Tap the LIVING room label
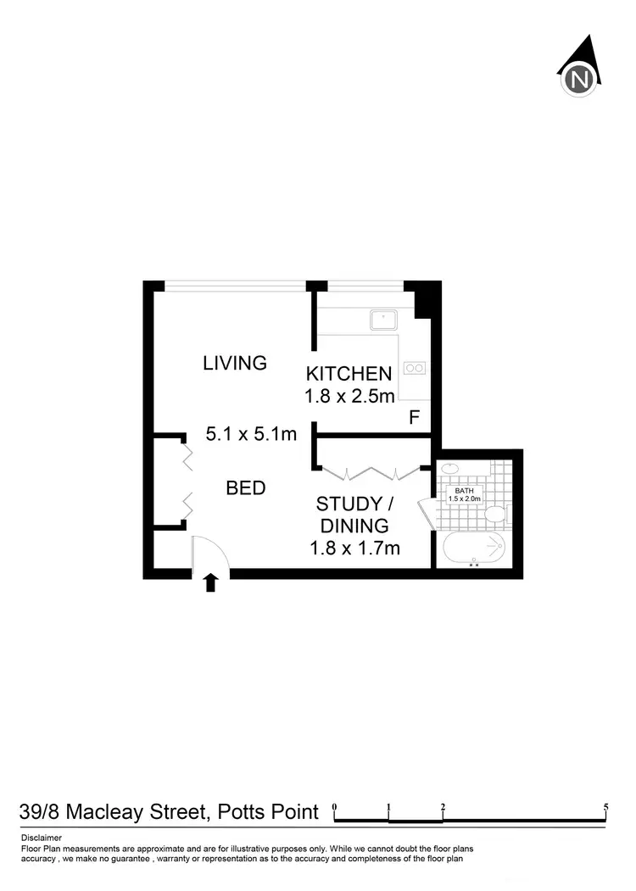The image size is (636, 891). coord(235,363)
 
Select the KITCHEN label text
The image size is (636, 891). coord(349,373)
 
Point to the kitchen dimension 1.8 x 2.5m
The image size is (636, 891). coord(349,395)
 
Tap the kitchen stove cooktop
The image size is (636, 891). coord(415,367)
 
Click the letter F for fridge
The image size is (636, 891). coord(415,417)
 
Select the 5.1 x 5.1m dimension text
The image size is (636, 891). coord(251,434)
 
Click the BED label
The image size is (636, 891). coord(246,488)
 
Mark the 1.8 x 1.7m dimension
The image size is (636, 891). coord(354,548)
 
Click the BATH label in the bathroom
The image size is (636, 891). coord(464,491)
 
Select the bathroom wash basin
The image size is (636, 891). coord(450,469)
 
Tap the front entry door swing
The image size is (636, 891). coord(210,554)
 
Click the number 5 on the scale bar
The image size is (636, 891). coord(605,806)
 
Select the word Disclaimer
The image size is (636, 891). coord(42,838)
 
